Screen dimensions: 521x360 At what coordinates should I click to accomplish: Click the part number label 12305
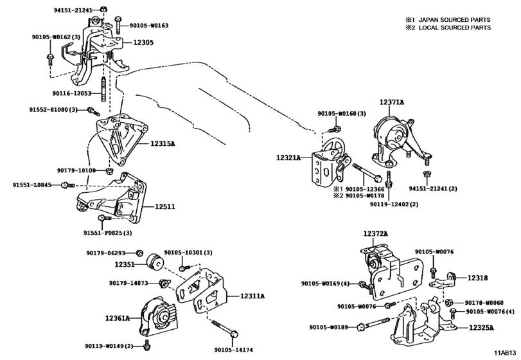click(143, 42)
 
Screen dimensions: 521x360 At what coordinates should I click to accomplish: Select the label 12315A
click(163, 143)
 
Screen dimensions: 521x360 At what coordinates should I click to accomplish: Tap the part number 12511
click(165, 206)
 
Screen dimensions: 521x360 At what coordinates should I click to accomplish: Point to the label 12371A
click(392, 102)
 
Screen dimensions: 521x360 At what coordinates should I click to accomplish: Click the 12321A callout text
click(288, 157)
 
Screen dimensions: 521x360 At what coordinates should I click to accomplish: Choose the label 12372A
click(375, 234)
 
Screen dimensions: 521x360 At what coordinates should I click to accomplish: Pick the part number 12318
click(478, 278)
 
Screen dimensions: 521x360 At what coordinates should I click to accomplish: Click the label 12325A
click(481, 328)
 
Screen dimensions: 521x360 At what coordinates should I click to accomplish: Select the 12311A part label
click(252, 296)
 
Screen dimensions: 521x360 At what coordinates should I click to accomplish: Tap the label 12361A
click(118, 318)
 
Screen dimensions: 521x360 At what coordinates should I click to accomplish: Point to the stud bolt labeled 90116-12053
click(103, 90)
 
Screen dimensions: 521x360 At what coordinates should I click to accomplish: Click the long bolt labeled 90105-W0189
click(373, 324)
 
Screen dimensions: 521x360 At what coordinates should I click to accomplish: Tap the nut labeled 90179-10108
click(109, 171)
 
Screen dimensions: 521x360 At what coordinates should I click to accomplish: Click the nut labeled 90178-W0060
click(449, 303)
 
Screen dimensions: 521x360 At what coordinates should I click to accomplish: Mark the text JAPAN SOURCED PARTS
click(454, 20)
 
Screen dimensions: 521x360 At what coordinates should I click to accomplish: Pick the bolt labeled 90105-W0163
click(118, 25)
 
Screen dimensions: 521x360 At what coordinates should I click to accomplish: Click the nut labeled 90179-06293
click(139, 253)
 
